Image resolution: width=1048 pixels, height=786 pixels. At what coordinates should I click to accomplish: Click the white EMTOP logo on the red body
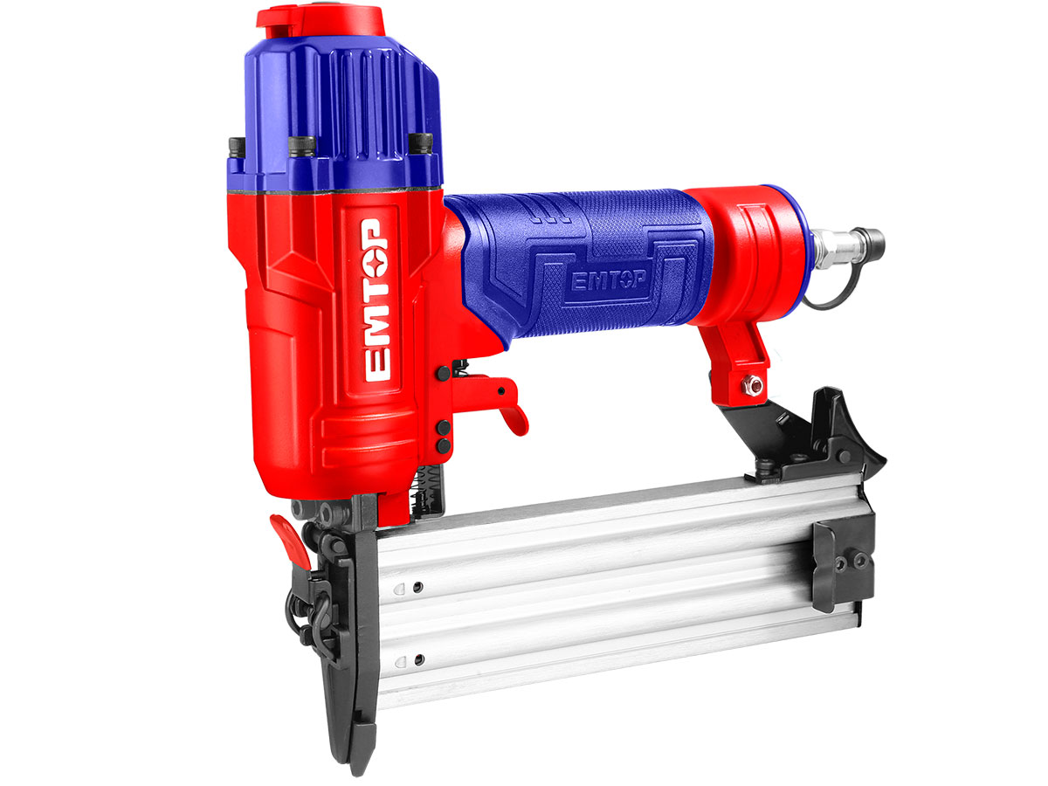(377, 300)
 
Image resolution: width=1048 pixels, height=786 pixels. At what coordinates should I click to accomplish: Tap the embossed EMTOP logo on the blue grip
(608, 280)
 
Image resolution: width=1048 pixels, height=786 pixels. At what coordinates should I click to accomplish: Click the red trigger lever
(492, 401)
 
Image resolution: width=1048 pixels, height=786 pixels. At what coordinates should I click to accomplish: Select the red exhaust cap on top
(321, 22)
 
